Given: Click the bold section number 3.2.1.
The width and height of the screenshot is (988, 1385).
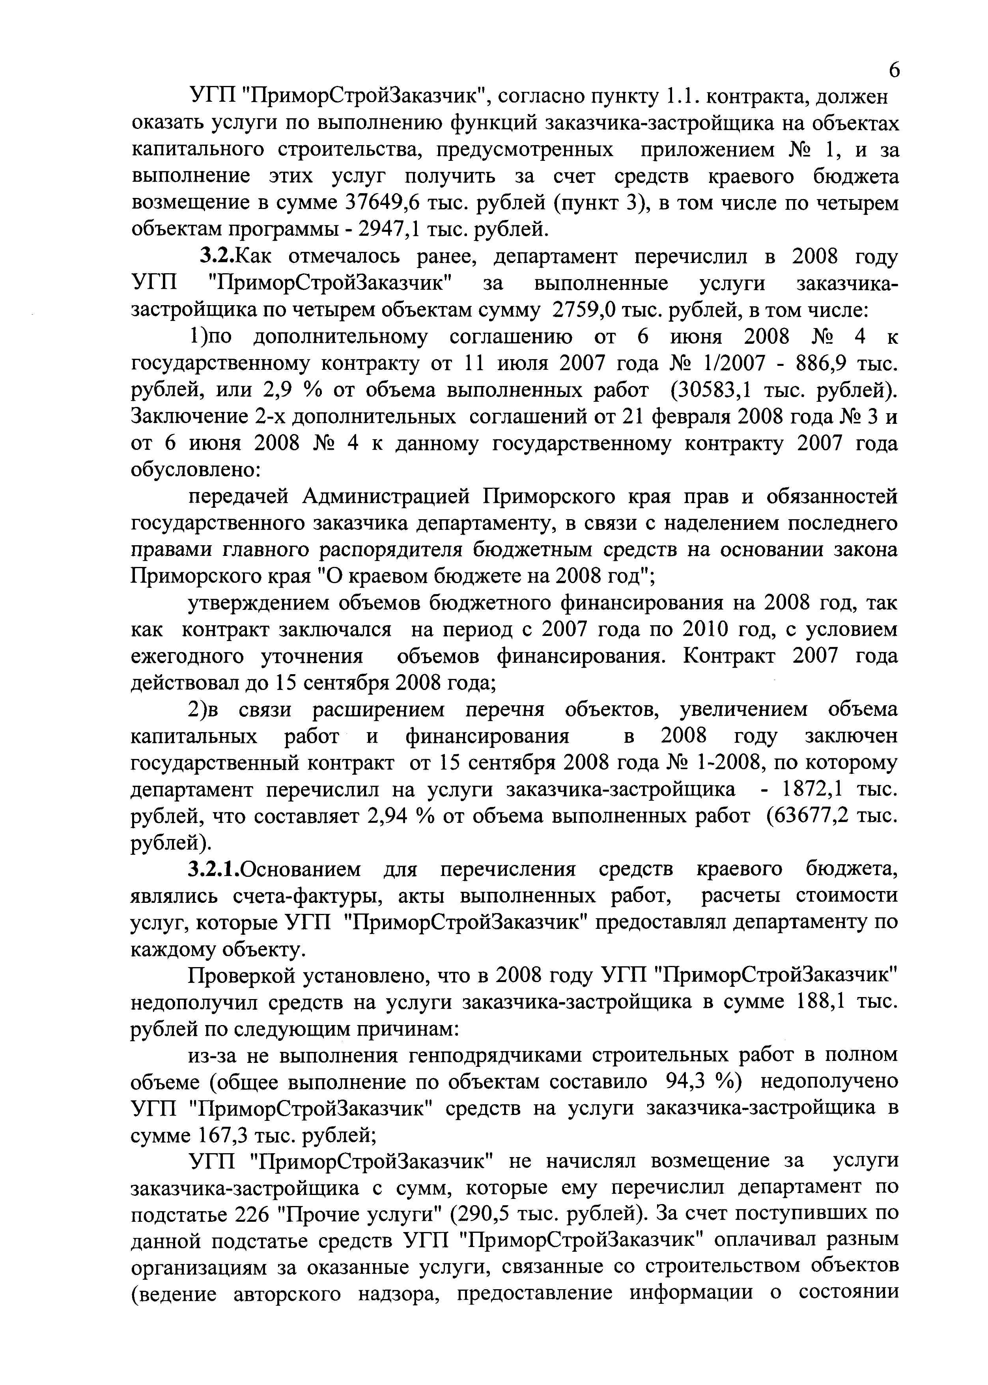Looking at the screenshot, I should pyautogui.click(x=214, y=870).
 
